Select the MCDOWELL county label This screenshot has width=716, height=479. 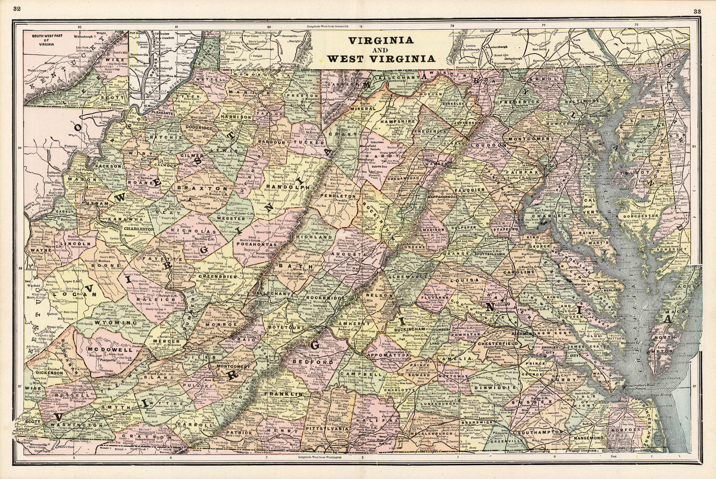coord(110,349)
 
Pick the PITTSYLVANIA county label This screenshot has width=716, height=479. coord(327,429)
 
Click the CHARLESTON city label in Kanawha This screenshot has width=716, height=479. coord(139,229)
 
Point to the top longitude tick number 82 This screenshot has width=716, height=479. coord(80,27)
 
